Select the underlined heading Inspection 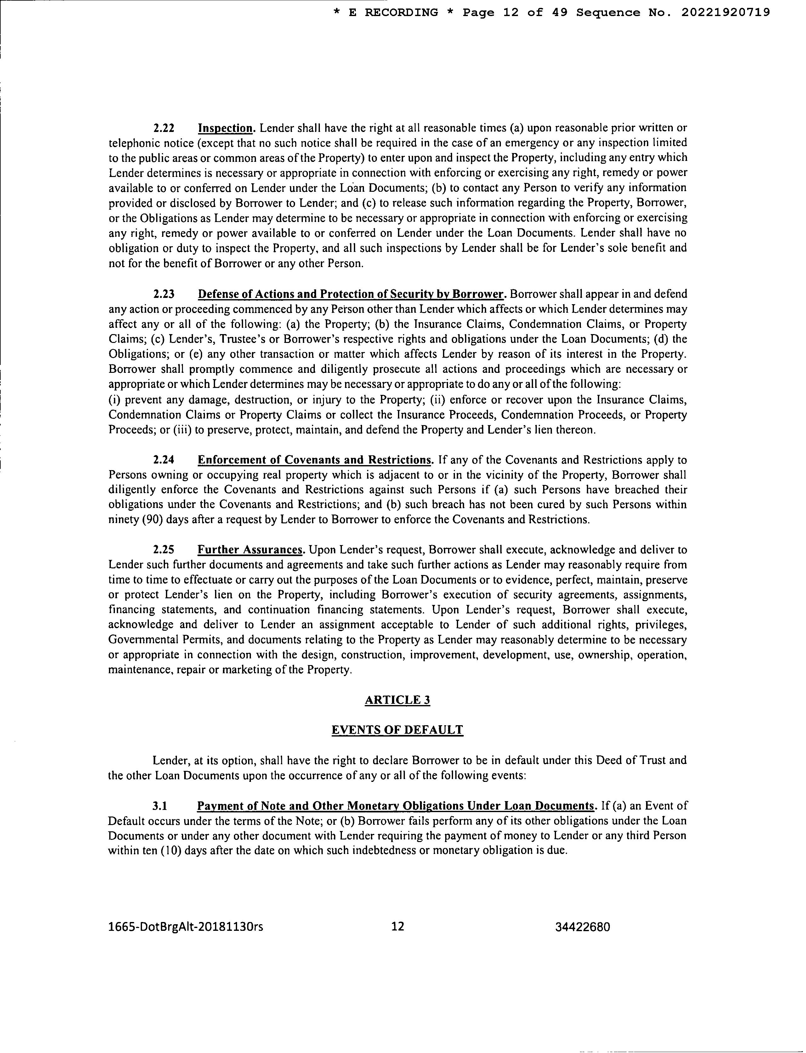click(225, 128)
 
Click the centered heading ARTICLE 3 click(397, 700)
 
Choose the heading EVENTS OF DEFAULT click(397, 730)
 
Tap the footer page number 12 click(398, 926)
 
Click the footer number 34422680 click(582, 927)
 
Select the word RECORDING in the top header click(401, 13)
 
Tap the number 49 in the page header click(559, 13)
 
